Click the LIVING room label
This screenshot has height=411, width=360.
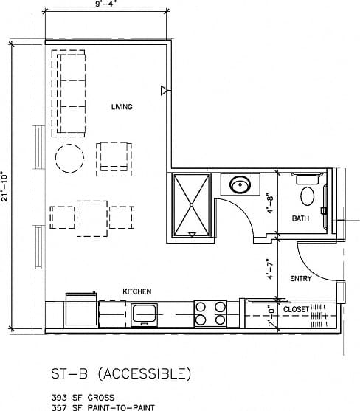point(122,108)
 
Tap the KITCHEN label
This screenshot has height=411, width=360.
point(136,291)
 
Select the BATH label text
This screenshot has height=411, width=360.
point(300,218)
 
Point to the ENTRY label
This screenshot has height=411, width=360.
point(300,279)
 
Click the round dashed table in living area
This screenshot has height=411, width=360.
point(69,157)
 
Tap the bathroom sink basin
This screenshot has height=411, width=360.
point(240,184)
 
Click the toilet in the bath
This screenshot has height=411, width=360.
point(308,193)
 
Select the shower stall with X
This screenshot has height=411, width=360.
point(191,205)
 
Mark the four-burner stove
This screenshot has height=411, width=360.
point(210,314)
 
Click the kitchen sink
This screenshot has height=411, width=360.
point(145,314)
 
